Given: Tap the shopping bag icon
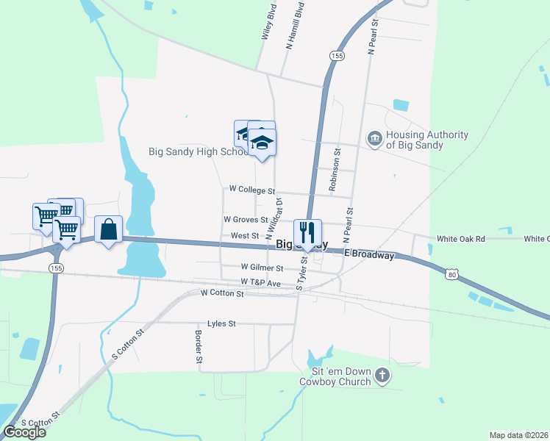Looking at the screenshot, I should click(109, 229).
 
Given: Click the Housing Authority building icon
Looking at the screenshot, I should click(374, 138).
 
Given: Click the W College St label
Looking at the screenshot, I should click(251, 190).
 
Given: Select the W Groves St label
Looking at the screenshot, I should click(246, 219).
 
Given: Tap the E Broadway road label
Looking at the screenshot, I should click(374, 255).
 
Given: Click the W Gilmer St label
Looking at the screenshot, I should click(262, 268).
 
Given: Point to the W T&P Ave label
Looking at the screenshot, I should click(260, 282).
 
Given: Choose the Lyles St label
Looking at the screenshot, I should click(221, 323).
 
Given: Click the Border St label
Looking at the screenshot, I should click(199, 346).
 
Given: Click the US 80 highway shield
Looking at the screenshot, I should click(451, 274).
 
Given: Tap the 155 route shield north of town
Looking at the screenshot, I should click(337, 56).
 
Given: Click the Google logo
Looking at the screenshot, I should click(25, 431).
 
